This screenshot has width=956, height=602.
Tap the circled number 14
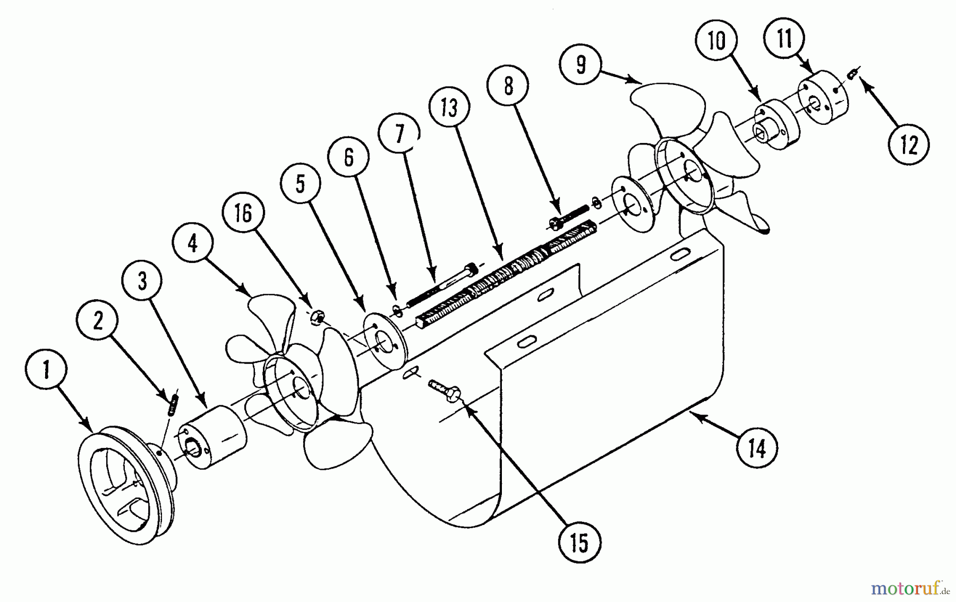click(757, 448)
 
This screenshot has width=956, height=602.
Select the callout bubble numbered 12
click(909, 145)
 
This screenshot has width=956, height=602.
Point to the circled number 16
click(243, 214)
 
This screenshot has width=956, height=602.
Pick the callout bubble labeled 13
click(450, 108)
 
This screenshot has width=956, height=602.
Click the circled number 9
click(581, 64)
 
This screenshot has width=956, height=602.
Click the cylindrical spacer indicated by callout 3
click(212, 437)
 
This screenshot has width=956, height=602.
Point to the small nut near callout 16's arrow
click(315, 317)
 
